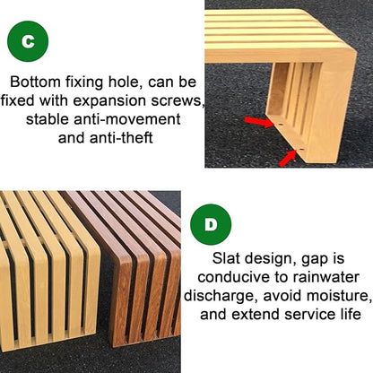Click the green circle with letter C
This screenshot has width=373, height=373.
click(x=28, y=41)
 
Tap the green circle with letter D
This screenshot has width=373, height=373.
click(x=211, y=224)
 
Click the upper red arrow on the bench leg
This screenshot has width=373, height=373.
click(x=259, y=122)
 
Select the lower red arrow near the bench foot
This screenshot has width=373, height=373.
click(x=287, y=159)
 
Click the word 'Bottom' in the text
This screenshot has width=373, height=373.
click(x=35, y=82)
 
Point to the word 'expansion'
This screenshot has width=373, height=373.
click(x=109, y=100)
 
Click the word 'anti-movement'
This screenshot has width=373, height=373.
click(x=127, y=119)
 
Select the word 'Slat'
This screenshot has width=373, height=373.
click(x=225, y=258)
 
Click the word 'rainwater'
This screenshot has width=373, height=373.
click(x=325, y=277)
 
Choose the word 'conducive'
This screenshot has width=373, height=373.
click(x=233, y=277)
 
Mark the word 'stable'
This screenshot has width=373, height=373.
click(x=48, y=119)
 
